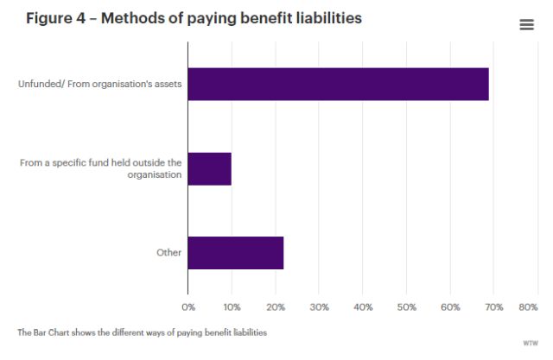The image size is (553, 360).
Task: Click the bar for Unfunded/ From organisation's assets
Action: [x=338, y=84]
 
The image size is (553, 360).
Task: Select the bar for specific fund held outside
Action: [x=209, y=168]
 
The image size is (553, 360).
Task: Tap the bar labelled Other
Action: [x=235, y=252]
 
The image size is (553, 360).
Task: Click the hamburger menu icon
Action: [x=526, y=25]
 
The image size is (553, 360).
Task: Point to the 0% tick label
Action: [x=188, y=306]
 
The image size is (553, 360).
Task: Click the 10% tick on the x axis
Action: [x=232, y=306]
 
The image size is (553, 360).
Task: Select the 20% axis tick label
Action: [x=276, y=306]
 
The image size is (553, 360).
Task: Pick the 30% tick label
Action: [x=319, y=306]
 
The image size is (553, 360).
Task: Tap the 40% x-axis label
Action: [x=363, y=306]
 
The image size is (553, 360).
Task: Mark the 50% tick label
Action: [x=406, y=306]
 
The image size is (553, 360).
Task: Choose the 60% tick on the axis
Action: [x=450, y=306]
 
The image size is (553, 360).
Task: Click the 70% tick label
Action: [x=493, y=306]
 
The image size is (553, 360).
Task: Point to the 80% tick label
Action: [x=527, y=306]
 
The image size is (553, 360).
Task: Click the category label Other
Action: [x=169, y=253]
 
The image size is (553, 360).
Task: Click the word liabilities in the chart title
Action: [x=319, y=19]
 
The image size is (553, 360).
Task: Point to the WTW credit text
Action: [x=530, y=343]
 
